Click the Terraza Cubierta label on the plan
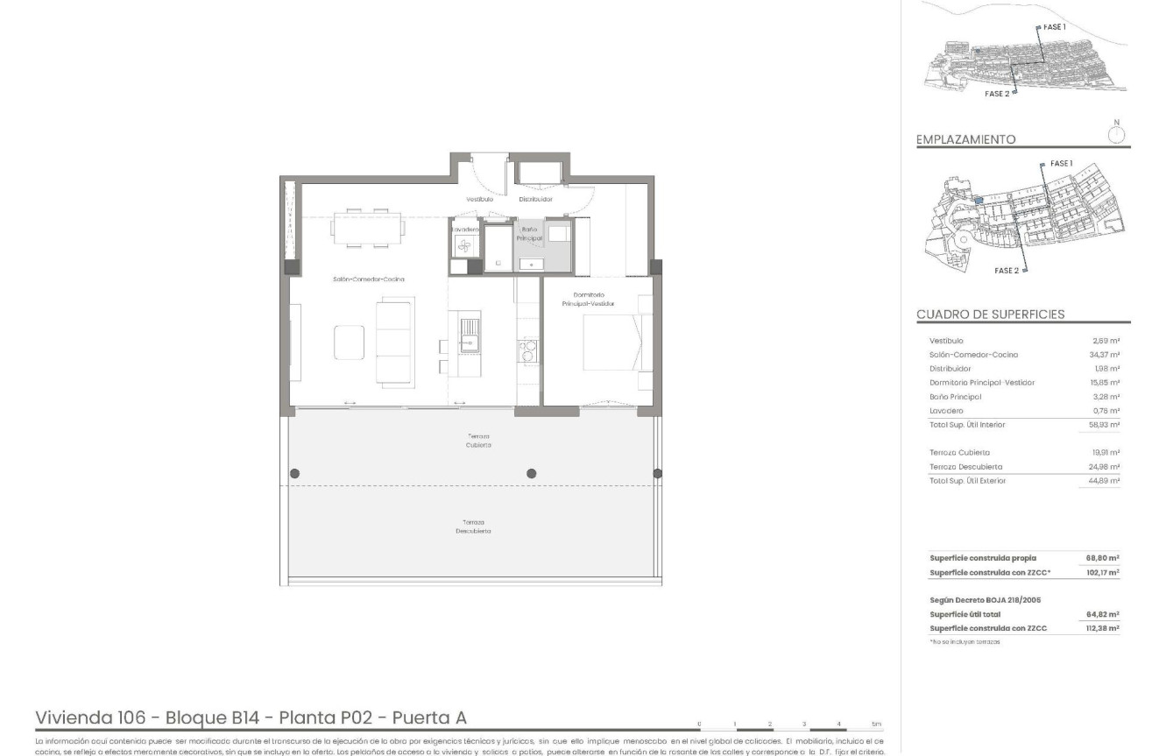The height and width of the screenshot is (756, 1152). pos(478,440)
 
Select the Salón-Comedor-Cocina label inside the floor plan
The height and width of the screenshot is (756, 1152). pos(368,279)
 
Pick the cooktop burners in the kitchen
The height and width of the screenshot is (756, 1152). pos(528,350)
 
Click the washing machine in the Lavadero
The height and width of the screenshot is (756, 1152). pos(463,246)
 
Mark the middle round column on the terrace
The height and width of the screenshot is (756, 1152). pos(531,474)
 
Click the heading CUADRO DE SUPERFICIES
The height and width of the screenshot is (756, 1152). pos(990,314)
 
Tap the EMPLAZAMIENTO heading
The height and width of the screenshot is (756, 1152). pos(965,139)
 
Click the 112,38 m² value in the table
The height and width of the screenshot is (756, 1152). pos(1103,628)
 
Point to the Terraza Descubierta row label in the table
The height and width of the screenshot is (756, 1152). pos(965,467)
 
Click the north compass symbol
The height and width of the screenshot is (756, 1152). pos(1116,134)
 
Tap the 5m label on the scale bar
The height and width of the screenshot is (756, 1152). pos(876,724)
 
